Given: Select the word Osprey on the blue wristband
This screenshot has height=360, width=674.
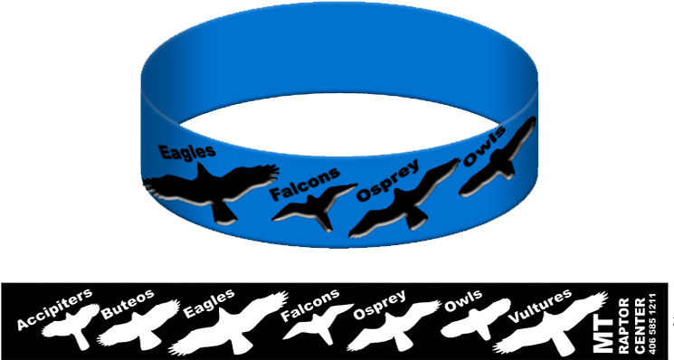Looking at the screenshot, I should [x=388, y=179].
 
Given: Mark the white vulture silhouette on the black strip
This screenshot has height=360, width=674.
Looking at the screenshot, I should [x=552, y=331].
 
